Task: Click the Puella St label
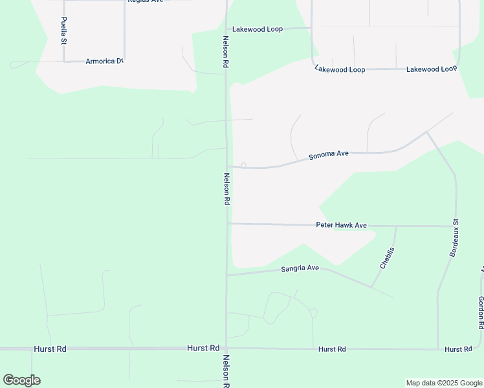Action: pos(64,30)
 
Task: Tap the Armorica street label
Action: pos(104,61)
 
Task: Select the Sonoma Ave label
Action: pos(329,155)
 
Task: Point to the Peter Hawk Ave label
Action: pos(341,225)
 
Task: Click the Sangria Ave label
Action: pos(300,268)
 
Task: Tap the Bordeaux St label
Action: pos(454,238)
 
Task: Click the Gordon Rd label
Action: pos(481,312)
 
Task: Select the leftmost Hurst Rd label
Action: pos(50,349)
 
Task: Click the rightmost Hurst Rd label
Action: pos(458,349)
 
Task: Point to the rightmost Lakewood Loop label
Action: pos(432,69)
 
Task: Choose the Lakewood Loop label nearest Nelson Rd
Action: pos(258,30)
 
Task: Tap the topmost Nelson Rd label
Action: pos(225,52)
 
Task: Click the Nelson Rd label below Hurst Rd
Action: pos(226,371)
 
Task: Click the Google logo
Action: pos(21,380)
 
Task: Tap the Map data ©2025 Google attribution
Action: pos(445,383)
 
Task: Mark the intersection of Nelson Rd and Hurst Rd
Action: pos(226,348)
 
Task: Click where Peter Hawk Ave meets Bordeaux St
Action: pos(456,226)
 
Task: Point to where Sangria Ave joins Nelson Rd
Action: pos(226,275)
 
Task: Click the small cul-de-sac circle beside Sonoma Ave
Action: pos(243,166)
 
